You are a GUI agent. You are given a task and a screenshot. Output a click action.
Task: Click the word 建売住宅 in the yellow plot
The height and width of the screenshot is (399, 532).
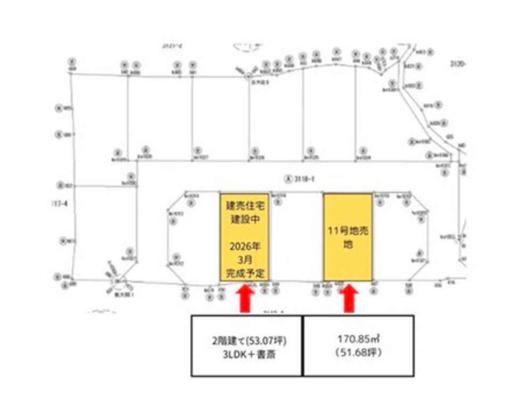[244, 206]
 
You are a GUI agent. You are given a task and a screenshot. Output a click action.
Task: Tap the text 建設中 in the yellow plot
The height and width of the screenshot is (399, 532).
[244, 219]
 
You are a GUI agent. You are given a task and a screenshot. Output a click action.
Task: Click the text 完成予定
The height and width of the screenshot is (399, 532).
[244, 272]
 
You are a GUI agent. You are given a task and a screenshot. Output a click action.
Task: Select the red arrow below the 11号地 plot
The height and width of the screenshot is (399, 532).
[348, 299]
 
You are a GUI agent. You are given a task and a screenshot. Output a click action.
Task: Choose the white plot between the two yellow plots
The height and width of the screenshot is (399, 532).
[296, 237]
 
